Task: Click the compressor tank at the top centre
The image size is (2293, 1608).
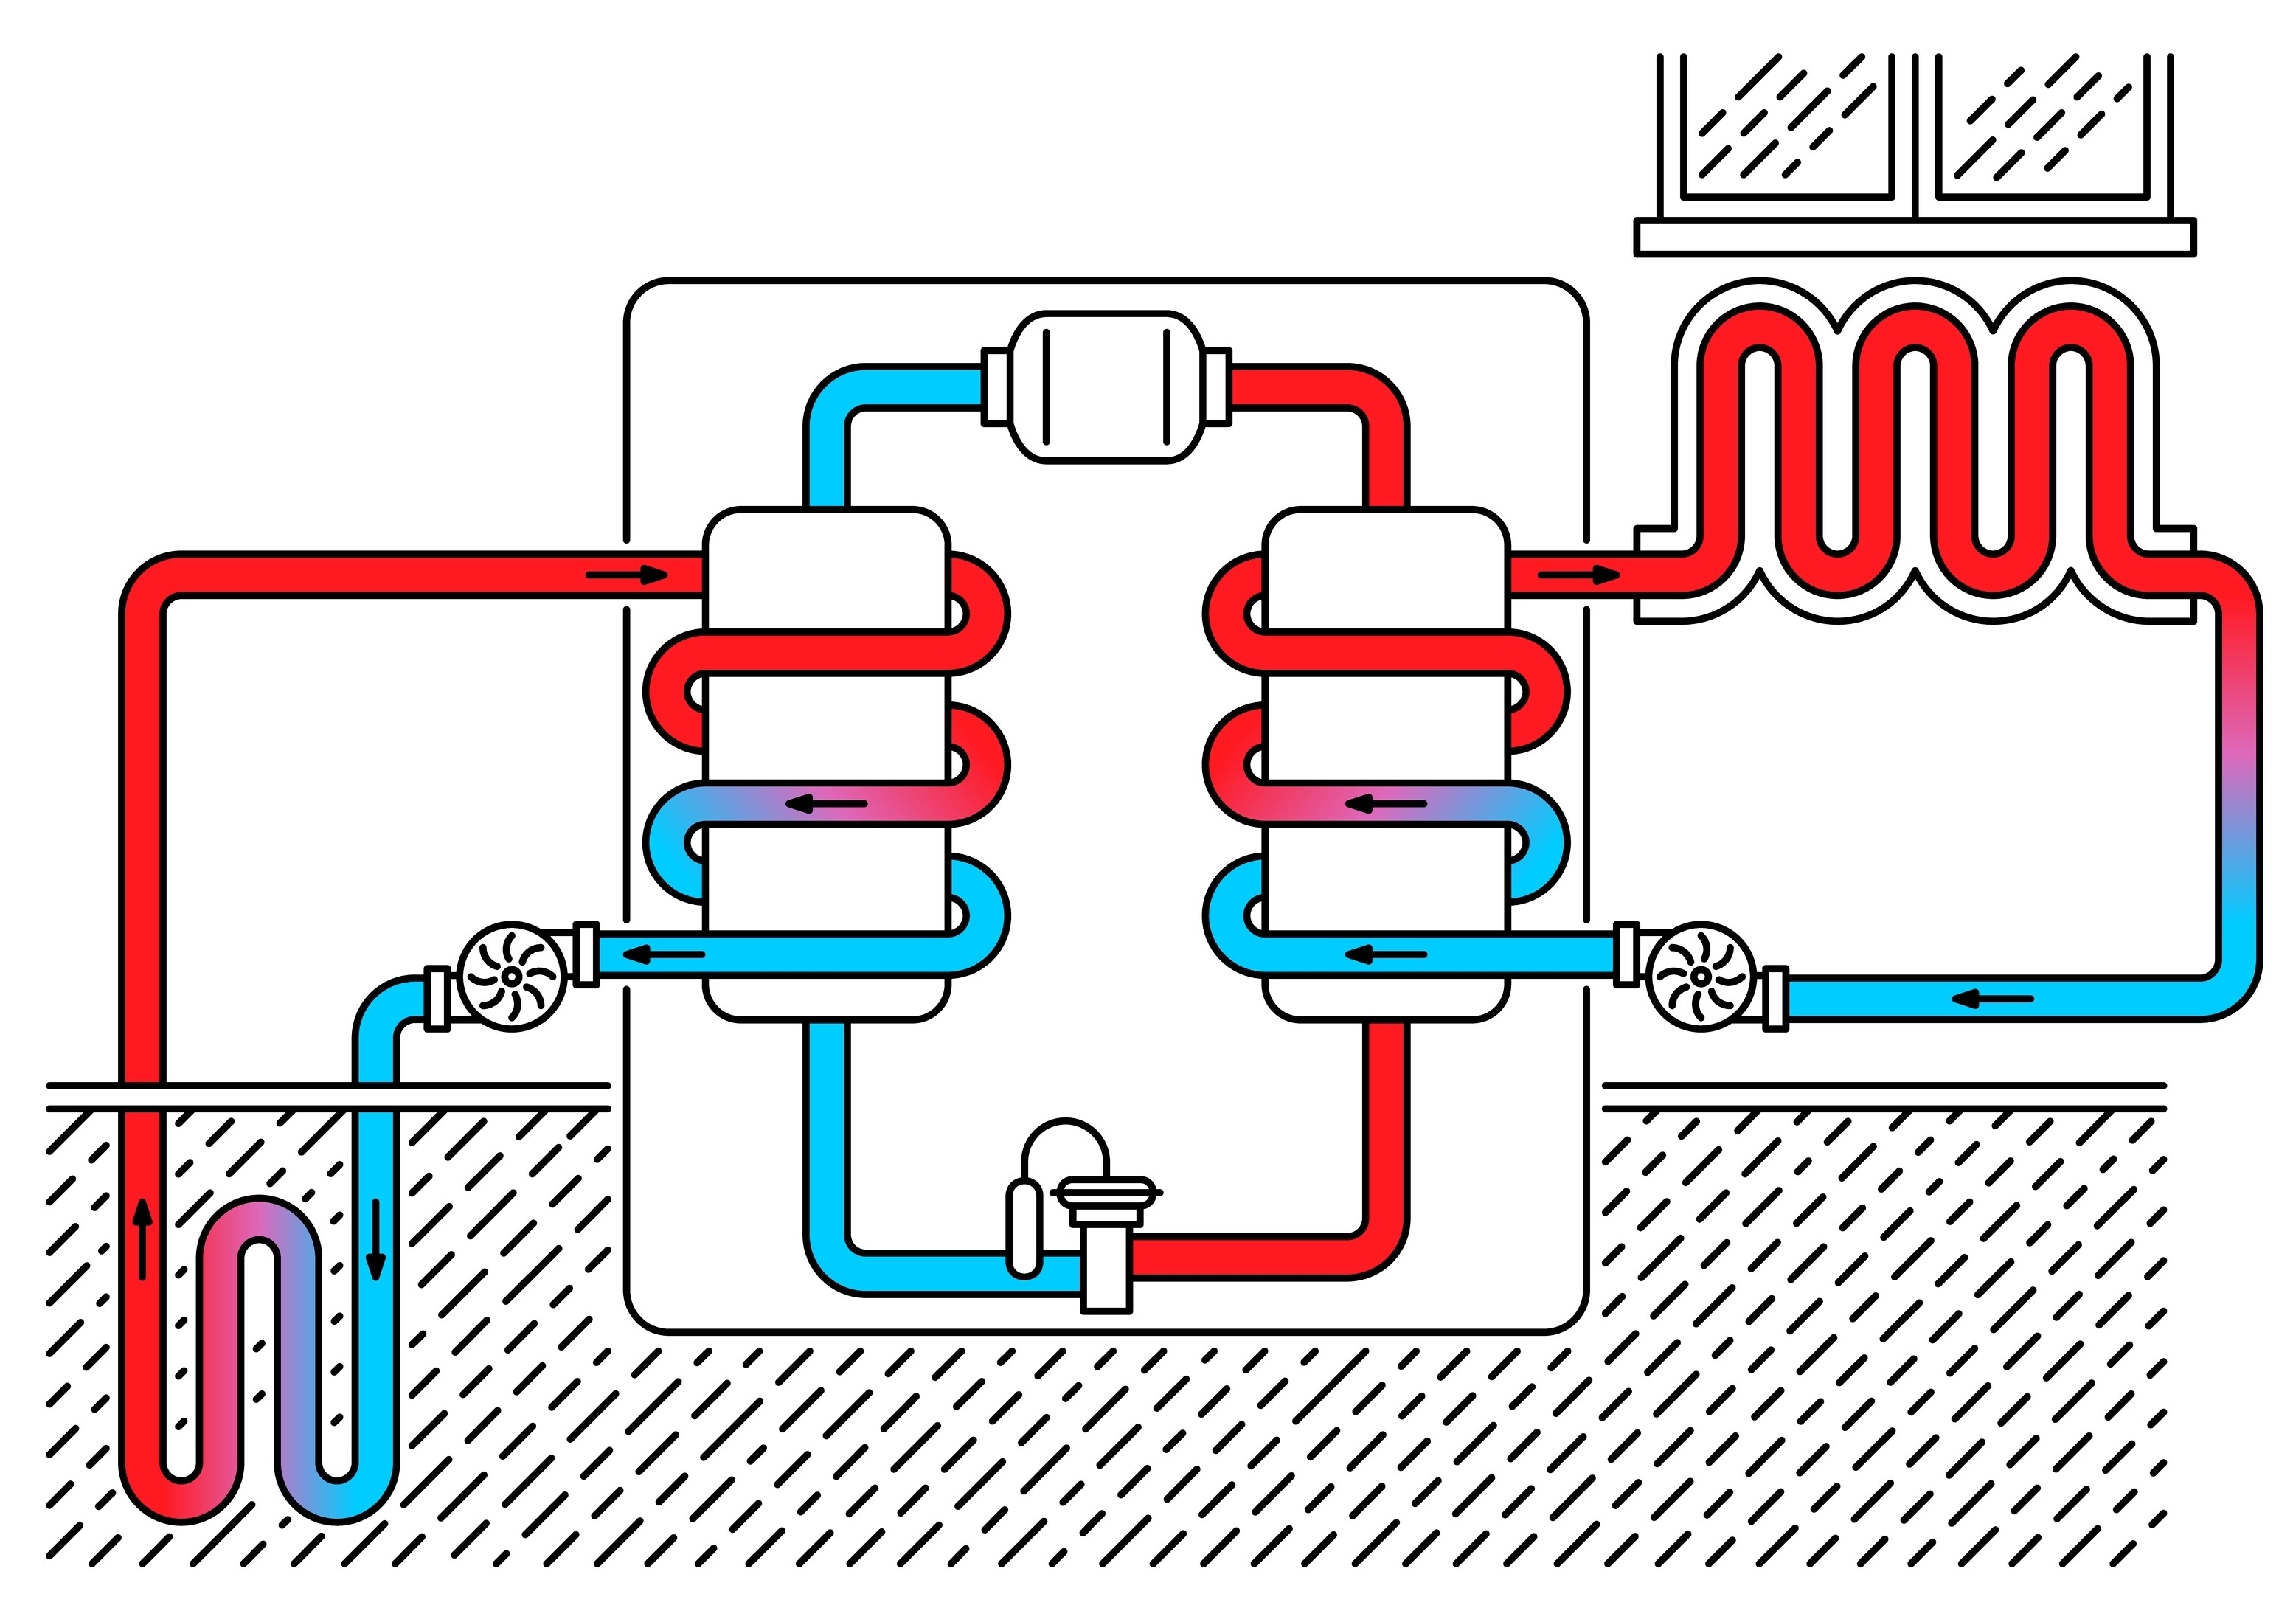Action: [1106, 387]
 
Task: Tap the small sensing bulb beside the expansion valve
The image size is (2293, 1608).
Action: [1024, 1228]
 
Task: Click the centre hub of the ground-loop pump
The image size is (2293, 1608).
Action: [510, 976]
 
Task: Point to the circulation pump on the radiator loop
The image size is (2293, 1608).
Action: [1700, 976]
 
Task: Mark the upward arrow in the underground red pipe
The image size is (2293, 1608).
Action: [143, 1238]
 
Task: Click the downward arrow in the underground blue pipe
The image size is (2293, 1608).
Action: [375, 1239]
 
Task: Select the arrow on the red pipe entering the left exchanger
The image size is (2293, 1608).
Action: [626, 575]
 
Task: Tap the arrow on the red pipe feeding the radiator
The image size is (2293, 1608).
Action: [1578, 575]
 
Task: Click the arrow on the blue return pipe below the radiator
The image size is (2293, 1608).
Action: [1992, 999]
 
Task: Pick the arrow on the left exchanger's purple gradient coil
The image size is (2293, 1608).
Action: [826, 804]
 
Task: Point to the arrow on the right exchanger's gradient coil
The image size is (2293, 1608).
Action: [1385, 804]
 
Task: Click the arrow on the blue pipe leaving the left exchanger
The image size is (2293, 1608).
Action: [663, 954]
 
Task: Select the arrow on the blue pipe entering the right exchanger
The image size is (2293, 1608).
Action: [1385, 954]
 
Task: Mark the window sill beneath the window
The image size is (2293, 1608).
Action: [1915, 238]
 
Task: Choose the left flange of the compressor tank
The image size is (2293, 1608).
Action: [995, 387]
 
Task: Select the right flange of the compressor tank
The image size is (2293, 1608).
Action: [1218, 387]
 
